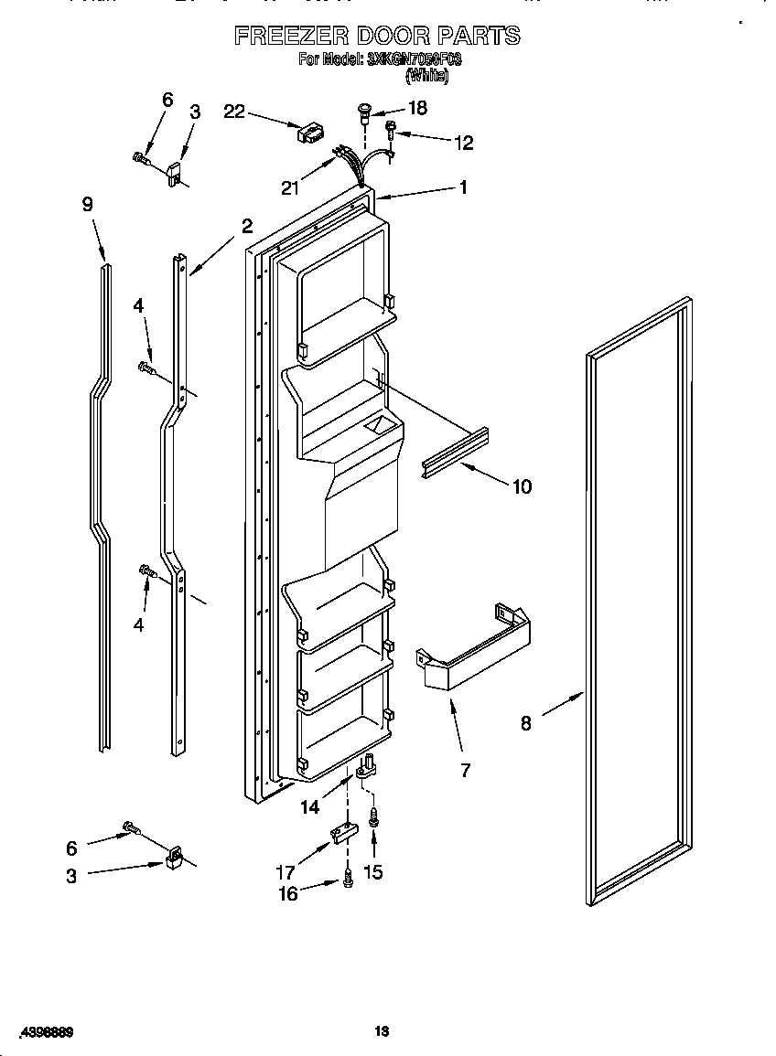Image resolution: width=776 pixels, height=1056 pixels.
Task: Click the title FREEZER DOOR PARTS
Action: [x=377, y=36]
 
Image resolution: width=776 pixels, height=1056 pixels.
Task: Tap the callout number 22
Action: [x=234, y=111]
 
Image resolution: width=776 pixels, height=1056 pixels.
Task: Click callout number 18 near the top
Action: [x=416, y=108]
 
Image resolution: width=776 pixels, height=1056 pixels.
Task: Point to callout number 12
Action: [x=463, y=142]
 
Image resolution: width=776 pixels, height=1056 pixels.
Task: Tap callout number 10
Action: [x=521, y=486]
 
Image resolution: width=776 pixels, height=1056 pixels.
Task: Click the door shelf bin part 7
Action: [x=476, y=643]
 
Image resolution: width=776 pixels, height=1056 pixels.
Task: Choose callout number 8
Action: [x=525, y=723]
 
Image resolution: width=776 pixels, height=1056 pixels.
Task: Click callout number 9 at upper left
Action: [x=87, y=205]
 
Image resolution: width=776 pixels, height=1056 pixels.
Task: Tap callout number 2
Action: [x=246, y=226]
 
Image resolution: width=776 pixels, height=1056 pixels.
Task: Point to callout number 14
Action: [x=310, y=806]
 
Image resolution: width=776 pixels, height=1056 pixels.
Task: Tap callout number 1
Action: [x=463, y=187]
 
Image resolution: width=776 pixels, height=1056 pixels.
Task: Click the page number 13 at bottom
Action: [x=383, y=1031]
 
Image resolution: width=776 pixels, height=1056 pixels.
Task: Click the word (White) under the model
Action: [x=426, y=77]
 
